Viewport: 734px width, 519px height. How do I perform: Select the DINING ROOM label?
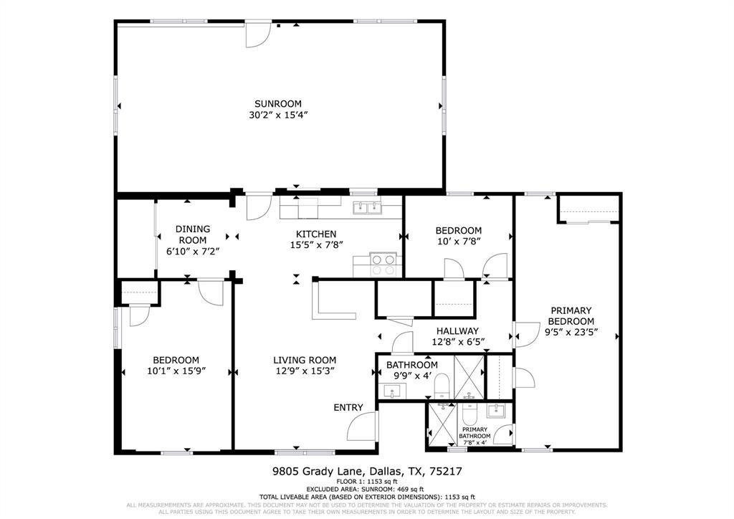193,234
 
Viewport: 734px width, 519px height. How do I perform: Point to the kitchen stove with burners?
383,264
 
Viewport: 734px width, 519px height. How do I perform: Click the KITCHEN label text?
316,234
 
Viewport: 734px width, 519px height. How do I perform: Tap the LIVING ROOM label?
304,360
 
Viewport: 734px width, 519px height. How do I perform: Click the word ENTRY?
348,407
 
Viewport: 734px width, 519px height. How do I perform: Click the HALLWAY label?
457,330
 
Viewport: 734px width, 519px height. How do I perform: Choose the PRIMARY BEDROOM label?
571,316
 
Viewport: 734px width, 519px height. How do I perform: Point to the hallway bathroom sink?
393,391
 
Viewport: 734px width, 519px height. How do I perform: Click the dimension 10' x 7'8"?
458,242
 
